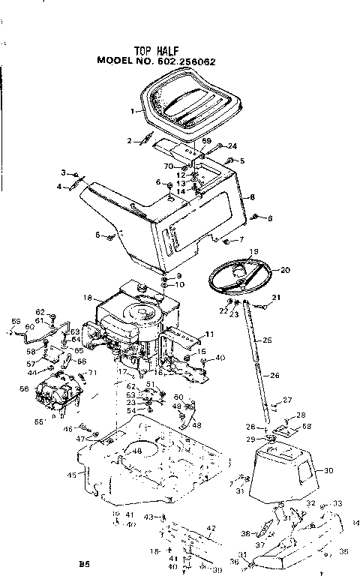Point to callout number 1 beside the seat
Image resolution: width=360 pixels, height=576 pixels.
pyautogui.click(x=133, y=111)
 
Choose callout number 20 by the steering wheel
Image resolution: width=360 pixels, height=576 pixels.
pyautogui.click(x=285, y=268)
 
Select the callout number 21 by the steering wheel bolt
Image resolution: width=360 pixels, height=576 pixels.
pyautogui.click(x=275, y=298)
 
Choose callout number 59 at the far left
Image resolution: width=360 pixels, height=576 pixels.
pyautogui.click(x=14, y=323)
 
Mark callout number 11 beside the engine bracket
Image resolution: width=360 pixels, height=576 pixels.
pyautogui.click(x=210, y=333)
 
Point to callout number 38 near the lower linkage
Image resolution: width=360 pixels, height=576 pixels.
pyautogui.click(x=244, y=533)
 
